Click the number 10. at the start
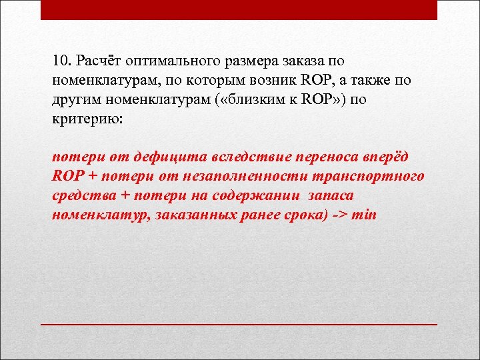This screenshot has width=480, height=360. point(61,61)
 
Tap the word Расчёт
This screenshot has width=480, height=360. point(98,61)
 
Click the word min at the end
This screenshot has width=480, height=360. point(363,215)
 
